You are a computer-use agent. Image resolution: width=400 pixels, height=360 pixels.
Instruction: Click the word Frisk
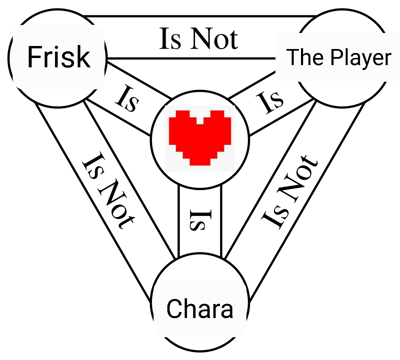click(x=59, y=57)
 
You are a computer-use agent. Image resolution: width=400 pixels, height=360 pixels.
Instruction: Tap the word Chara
click(x=200, y=309)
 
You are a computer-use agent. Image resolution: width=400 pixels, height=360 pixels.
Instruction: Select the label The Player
click(x=339, y=57)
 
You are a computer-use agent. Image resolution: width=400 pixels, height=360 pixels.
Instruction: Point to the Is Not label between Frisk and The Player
click(x=199, y=39)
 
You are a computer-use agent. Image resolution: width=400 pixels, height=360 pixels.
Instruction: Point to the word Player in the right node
click(x=361, y=58)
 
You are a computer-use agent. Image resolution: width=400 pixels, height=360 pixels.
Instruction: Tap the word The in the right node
click(x=306, y=57)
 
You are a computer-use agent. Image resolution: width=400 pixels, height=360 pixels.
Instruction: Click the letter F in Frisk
click(x=33, y=57)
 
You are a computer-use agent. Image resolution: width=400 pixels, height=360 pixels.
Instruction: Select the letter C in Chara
click(x=175, y=309)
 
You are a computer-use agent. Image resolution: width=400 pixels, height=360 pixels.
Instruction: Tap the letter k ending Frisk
click(x=84, y=57)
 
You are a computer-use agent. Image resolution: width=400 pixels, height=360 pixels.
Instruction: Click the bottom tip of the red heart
click(x=200, y=163)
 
